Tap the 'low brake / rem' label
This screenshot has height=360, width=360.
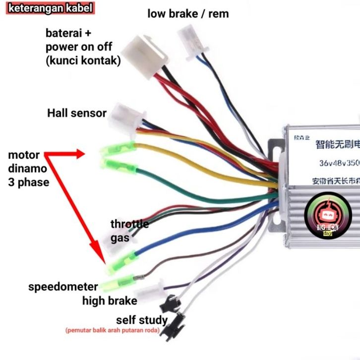tap(188, 13)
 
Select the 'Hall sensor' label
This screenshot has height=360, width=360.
tap(77, 113)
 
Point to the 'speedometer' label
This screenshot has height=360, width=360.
tap(63, 287)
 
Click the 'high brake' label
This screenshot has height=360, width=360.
tap(110, 300)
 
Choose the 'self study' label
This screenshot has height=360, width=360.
tap(142, 319)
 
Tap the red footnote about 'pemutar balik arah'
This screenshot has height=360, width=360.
tap(112, 330)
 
